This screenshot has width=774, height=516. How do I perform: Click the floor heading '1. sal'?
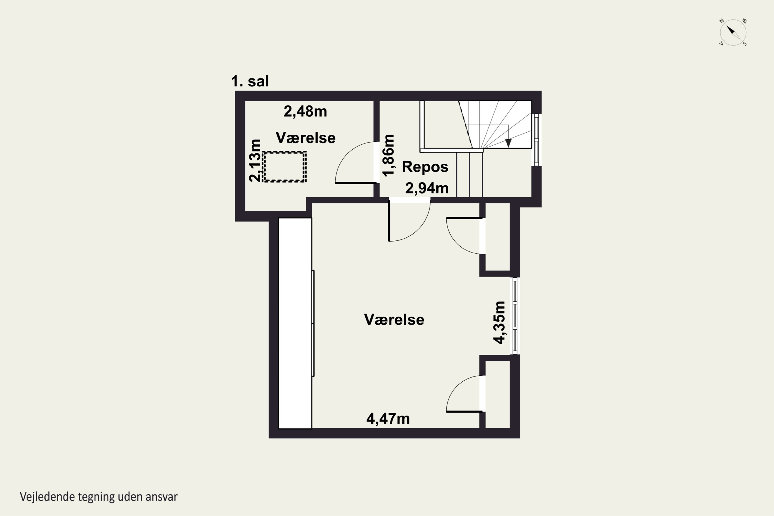coord(250,81)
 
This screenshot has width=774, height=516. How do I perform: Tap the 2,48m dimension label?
coord(305,111)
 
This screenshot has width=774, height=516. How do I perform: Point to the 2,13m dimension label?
coord(255,160)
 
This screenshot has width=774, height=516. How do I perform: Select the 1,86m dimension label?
coord(388,155)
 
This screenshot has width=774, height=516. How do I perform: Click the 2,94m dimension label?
coord(427,188)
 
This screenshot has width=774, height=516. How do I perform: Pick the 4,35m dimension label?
coord(499,322)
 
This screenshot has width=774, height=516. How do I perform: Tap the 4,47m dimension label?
coord(388,418)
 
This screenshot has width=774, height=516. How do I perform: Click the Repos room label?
coord(425,167)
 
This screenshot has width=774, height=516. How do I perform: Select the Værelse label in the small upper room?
coord(306,138)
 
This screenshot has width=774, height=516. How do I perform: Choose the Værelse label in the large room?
coord(394,320)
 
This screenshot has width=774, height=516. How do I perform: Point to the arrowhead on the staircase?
coord(509,143)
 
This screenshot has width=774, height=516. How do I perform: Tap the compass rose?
coord(733,32)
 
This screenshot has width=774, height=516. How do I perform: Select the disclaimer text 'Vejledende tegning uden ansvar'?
coord(99,497)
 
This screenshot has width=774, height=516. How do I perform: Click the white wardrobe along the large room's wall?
coord(295,323)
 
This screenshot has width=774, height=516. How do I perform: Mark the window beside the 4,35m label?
coord(515,316)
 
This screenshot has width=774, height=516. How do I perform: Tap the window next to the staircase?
coord(536,140)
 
